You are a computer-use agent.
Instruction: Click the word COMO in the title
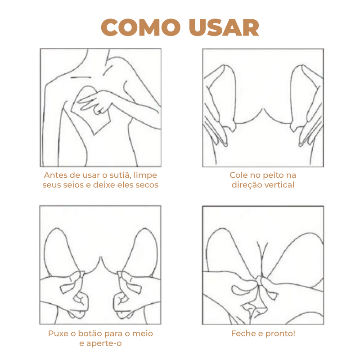point(135,27)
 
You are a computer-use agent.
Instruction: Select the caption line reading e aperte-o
point(100,344)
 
